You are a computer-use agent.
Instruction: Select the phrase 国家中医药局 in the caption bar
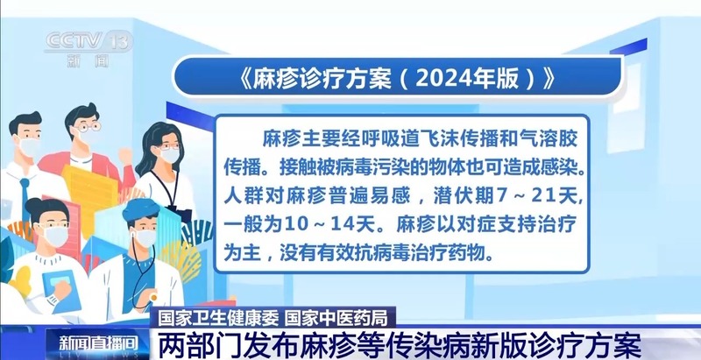pyautogui.click(x=336, y=317)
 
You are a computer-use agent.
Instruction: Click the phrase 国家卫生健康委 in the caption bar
pyautogui.click(x=217, y=317)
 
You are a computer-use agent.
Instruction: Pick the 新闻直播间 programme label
pyautogui.click(x=98, y=342)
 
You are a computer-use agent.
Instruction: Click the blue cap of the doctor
pyautogui.click(x=141, y=209)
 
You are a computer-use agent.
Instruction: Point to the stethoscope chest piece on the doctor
pyautogui.click(x=152, y=297)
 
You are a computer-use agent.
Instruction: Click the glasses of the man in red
pyautogui.click(x=88, y=127)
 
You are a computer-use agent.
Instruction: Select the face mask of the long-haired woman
pyautogui.click(x=169, y=155)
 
